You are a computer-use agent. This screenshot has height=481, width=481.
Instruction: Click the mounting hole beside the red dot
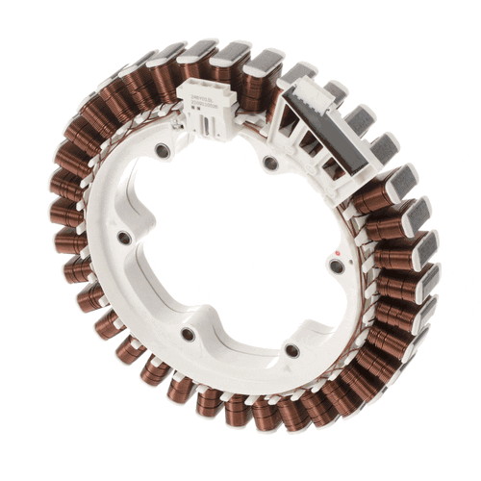click(x=335, y=266)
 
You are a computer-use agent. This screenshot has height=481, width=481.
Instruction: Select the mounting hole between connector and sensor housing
click(x=270, y=164)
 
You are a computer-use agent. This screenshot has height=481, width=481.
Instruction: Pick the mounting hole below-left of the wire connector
click(x=162, y=151)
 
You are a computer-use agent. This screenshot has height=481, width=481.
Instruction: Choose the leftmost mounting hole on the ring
click(x=123, y=237)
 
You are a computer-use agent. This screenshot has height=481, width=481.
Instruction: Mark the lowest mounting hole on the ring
click(x=291, y=350)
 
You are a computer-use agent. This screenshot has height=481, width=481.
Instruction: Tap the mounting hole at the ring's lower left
click(x=188, y=334)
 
